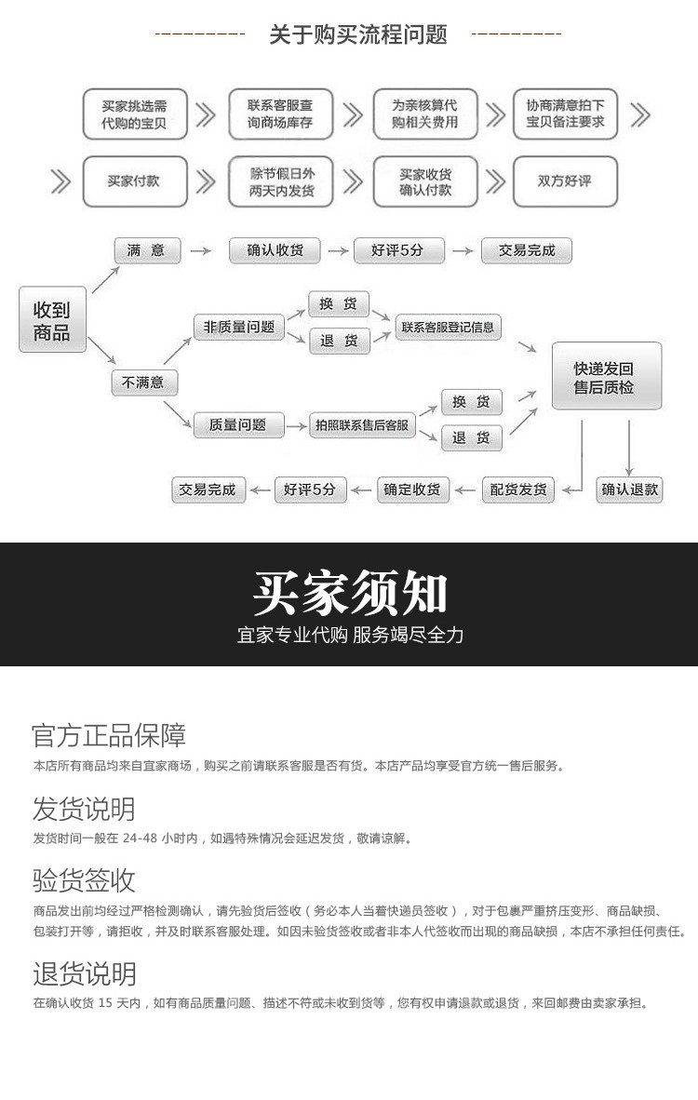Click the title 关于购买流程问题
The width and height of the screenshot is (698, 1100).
coord(358,35)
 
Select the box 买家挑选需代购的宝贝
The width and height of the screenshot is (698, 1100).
coord(135,114)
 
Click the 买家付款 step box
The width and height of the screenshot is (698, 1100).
coord(134,181)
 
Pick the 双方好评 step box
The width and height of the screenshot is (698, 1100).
coord(565,181)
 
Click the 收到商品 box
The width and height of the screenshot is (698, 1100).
coord(52,320)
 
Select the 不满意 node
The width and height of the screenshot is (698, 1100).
coord(144,382)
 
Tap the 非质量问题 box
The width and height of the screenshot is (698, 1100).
coord(239,327)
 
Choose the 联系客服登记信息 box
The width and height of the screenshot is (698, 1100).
coord(448,327)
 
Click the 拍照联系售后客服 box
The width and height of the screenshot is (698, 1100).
coord(362,425)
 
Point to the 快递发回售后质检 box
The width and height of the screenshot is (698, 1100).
coord(606,376)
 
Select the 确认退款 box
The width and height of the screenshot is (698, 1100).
coord(630,490)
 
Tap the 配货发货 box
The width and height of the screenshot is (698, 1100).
coord(518,490)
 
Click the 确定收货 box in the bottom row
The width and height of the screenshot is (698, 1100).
coord(413,490)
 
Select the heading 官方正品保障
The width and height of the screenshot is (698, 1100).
coord(109,735)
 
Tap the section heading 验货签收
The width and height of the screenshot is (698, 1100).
coord(84,879)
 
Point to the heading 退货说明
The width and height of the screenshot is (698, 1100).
coord(84,973)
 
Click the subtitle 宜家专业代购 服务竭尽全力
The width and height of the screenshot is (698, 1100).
coord(350,636)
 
